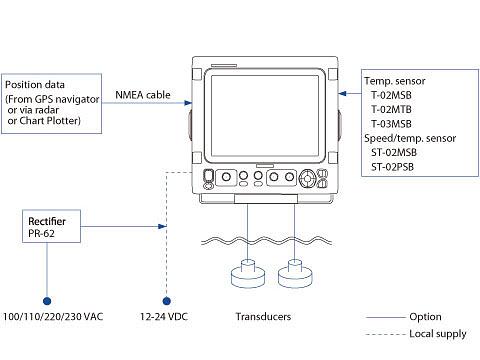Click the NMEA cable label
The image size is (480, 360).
tap(143, 95)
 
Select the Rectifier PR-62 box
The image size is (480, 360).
tap(51, 226)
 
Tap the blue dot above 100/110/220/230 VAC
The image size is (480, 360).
tap(47, 301)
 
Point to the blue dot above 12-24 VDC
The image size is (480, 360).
tap(167, 301)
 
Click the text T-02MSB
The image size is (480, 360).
tap(391, 95)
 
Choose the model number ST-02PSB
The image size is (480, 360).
tap(392, 167)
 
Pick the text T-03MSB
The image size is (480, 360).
tap(391, 124)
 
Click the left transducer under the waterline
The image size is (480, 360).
tap(248, 273)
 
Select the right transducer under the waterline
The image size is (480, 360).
tap(295, 273)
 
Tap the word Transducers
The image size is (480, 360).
tap(263, 316)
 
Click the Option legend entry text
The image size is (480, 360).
tap(425, 317)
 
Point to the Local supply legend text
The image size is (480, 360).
tap(438, 334)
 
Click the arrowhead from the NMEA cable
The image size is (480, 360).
tap(188, 103)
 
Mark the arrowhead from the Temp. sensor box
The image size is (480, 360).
tap(342, 93)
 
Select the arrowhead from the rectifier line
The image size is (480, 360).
tap(162, 227)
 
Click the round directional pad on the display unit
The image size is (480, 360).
tap(307, 179)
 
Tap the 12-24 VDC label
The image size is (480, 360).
tap(164, 316)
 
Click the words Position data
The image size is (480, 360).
tap(35, 85)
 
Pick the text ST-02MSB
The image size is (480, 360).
tap(394, 152)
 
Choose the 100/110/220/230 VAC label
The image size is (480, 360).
tap(53, 316)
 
